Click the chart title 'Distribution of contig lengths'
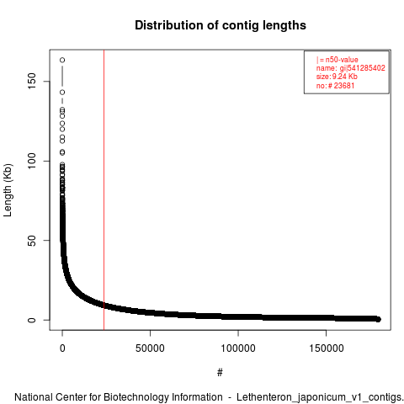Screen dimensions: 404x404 [221, 25]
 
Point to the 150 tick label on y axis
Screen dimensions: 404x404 [32, 82]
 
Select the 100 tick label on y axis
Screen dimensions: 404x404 [32, 161]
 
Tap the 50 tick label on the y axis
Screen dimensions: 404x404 [32, 241]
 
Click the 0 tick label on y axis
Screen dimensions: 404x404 [32, 320]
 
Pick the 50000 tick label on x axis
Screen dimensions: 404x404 [150, 348]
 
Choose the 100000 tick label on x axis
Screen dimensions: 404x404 [238, 348]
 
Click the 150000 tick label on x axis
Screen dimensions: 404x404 [326, 348]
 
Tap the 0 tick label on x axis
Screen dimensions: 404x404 [62, 348]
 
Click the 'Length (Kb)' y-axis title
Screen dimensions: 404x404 [8, 190]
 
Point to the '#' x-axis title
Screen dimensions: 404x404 [220, 373]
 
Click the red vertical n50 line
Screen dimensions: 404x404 [104, 190]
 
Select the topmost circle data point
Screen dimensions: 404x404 [62, 60]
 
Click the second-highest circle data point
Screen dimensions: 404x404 [62, 93]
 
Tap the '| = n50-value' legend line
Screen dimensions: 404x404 [338, 60]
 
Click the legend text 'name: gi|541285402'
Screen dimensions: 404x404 [351, 68]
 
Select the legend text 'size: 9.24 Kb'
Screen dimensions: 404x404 [337, 77]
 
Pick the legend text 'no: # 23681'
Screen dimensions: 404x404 [335, 85]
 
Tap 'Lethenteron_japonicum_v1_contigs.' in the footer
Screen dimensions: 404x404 [320, 397]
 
